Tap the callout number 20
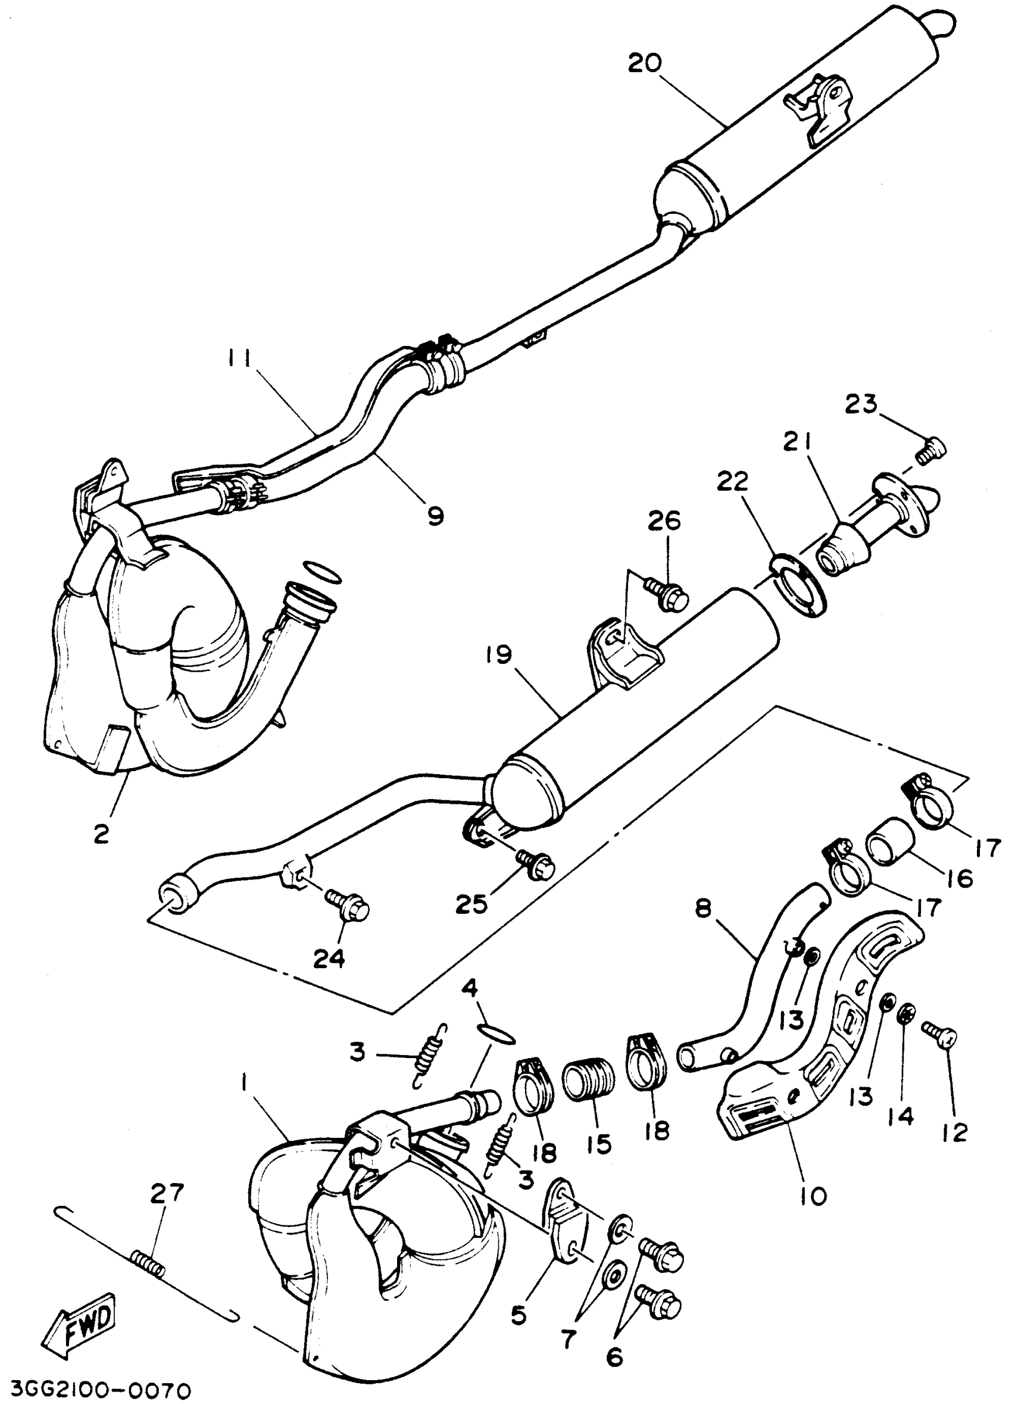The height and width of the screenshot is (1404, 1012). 645,63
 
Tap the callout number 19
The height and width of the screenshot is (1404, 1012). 499,656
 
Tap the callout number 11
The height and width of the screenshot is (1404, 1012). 238,359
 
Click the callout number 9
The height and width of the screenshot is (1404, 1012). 436,515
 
